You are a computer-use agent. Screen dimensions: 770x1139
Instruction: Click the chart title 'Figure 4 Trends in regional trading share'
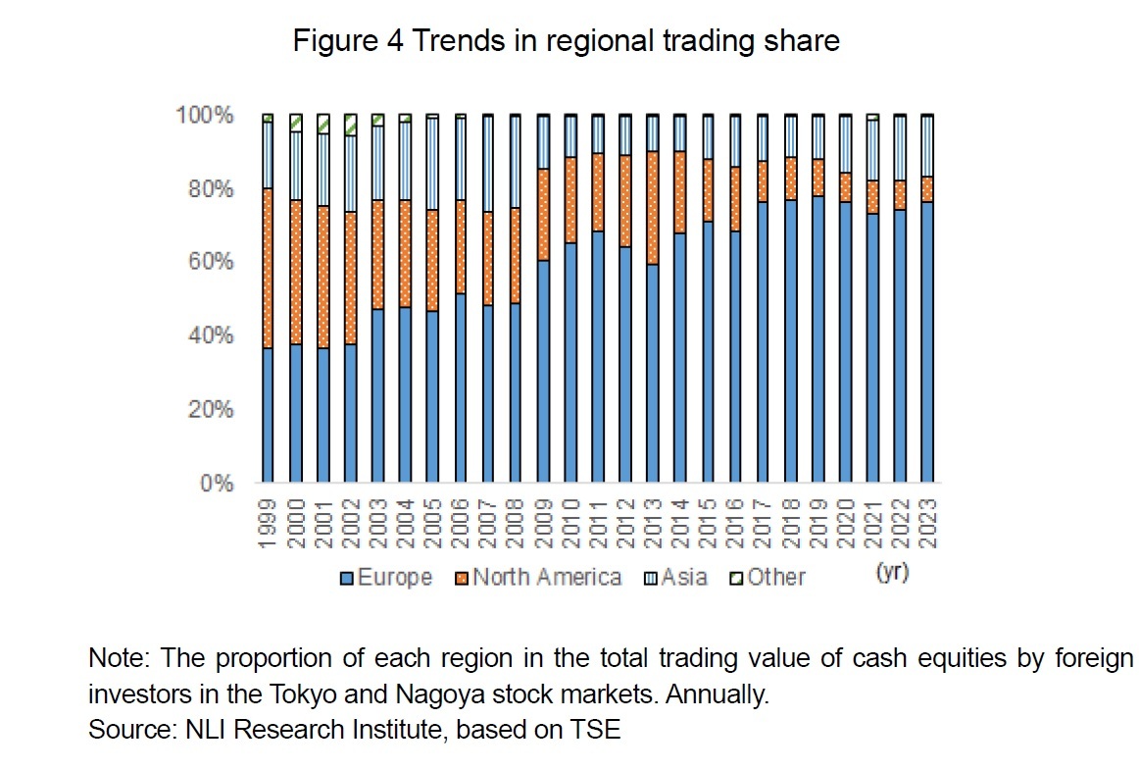(x=567, y=42)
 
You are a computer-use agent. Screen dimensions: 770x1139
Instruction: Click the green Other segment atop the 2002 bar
(x=350, y=125)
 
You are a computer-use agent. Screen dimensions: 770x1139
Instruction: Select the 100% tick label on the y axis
(x=205, y=116)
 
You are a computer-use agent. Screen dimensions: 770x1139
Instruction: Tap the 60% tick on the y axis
(x=210, y=263)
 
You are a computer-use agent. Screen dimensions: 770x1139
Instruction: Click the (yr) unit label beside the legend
(x=891, y=573)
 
